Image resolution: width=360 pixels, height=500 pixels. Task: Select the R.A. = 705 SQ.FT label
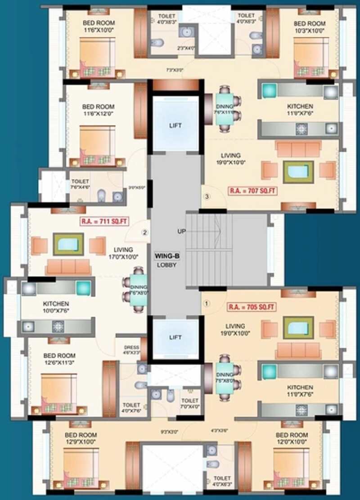tap(252, 308)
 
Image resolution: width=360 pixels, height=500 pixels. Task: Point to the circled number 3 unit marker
tap(207, 196)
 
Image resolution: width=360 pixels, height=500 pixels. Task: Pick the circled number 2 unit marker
tap(145, 232)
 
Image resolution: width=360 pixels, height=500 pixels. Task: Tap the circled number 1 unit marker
tap(207, 304)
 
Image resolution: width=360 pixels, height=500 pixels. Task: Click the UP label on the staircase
tap(182, 231)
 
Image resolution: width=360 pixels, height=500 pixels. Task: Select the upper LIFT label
tap(175, 125)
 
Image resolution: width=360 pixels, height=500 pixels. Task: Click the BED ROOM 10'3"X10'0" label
tap(309, 27)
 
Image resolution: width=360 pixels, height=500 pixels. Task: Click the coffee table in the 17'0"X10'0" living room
tap(68, 244)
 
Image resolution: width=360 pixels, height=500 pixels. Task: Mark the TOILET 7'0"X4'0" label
tap(189, 403)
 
